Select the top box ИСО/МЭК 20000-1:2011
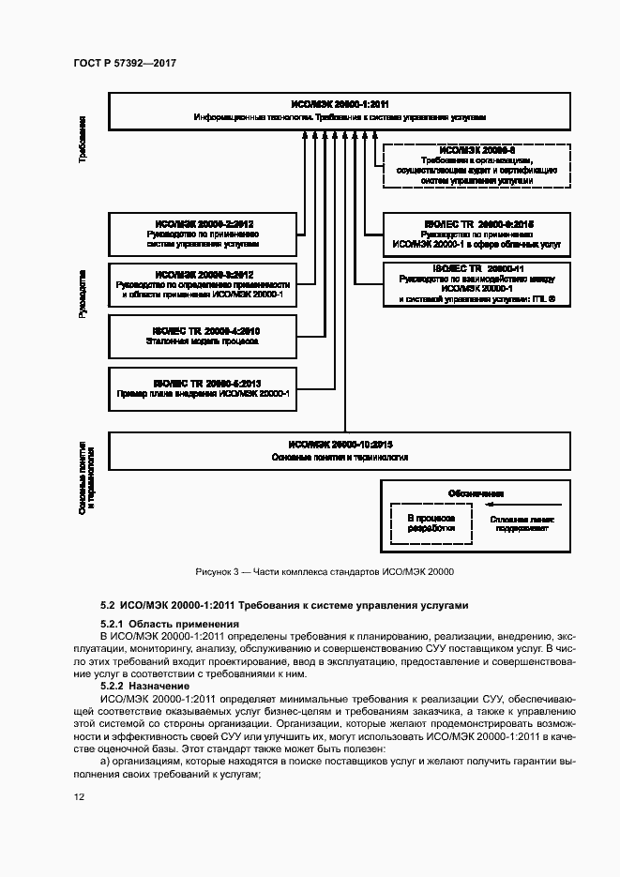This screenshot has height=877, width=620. click(340, 111)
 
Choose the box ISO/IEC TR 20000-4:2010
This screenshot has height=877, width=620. click(203, 336)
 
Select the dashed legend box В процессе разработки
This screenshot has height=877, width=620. click(431, 522)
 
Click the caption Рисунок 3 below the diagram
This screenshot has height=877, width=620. click(325, 572)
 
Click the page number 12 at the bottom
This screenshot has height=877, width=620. click(80, 796)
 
